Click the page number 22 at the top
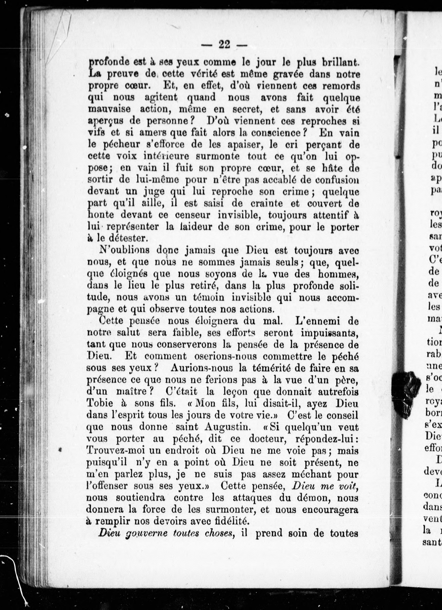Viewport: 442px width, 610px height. coord(224,44)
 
